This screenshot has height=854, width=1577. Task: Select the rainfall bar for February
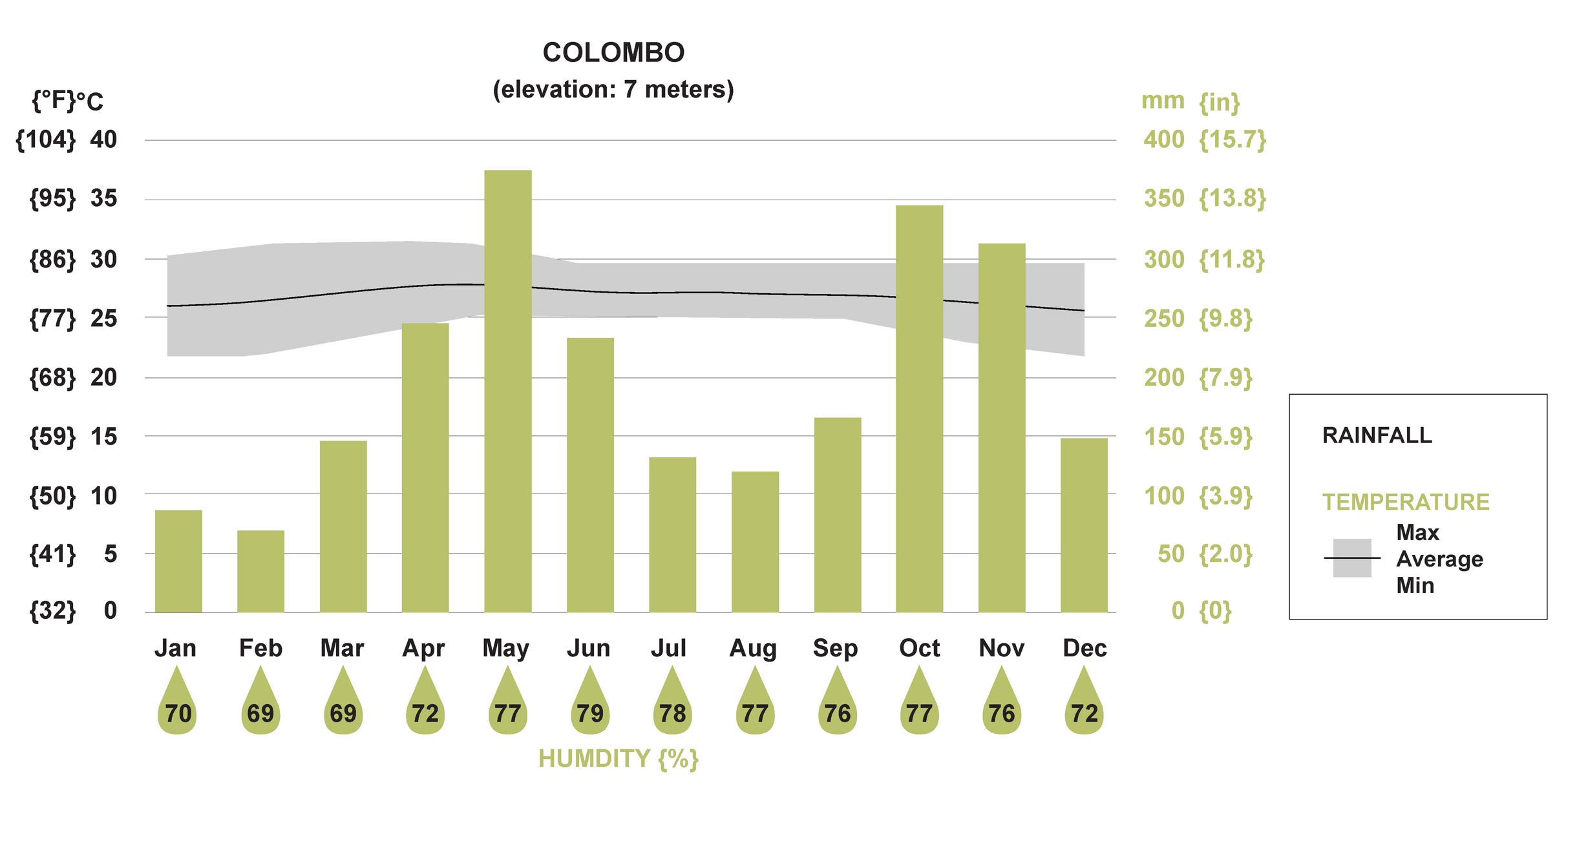point(260,571)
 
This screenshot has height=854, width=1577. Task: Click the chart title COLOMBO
point(613,53)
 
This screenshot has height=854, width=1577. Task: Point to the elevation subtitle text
point(613,90)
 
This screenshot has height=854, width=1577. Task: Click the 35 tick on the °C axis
point(103,198)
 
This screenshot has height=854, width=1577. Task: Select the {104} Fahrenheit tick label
point(45,140)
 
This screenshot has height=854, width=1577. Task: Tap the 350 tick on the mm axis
point(1164,198)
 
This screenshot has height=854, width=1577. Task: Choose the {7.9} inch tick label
point(1225,378)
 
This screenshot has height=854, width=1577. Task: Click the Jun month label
point(588,648)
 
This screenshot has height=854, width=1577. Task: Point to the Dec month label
point(1085,648)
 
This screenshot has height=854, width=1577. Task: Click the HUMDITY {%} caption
point(619,759)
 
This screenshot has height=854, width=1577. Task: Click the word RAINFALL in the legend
point(1377,435)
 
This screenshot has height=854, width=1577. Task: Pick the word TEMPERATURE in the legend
point(1406,502)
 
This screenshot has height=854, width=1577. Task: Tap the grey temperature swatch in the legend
point(1351,558)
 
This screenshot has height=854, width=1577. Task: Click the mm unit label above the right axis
point(1163,101)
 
